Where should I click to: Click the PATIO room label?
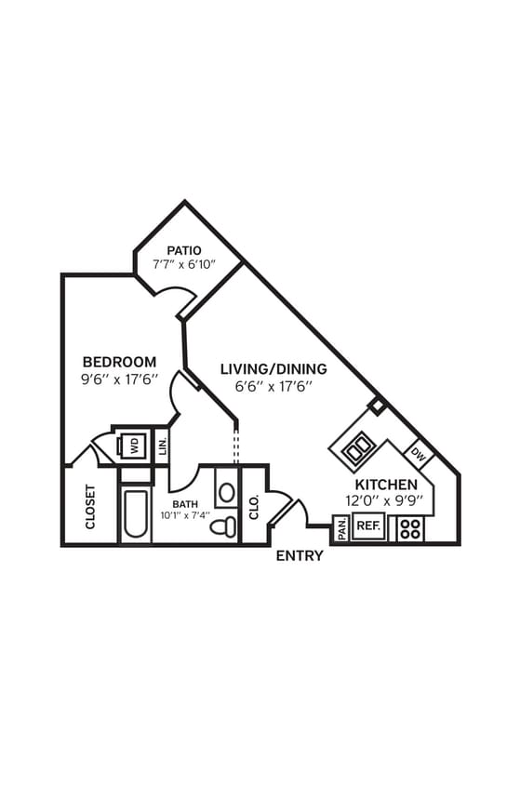point(184,250)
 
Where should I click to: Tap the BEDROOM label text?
point(119,362)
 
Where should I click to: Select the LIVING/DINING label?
point(273,368)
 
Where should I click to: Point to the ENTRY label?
point(300,556)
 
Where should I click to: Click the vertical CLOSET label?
point(90,507)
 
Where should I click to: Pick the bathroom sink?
point(227,491)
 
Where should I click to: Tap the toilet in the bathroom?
point(222,526)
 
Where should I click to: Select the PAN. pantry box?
point(341,529)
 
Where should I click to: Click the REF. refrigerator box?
point(368,526)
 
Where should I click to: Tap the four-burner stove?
point(410,528)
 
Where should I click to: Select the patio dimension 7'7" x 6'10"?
point(184,265)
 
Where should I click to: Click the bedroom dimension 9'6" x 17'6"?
point(119,379)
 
